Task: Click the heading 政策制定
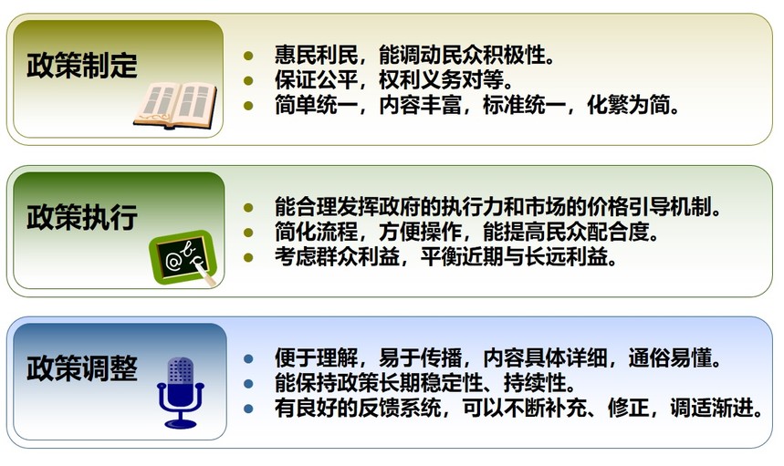[82, 66]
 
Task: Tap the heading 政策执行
[82, 218]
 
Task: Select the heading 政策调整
[82, 369]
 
